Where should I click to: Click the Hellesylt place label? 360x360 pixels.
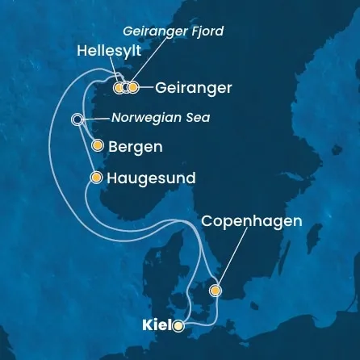pyautogui.click(x=105, y=50)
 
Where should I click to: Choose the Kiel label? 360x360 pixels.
pyautogui.click(x=156, y=327)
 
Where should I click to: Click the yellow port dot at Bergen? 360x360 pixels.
pyautogui.click(x=98, y=146)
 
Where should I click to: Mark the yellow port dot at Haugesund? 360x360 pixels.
pyautogui.click(x=97, y=177)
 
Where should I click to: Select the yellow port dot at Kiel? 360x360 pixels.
pyautogui.click(x=178, y=326)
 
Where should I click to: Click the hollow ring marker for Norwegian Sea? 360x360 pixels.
pyautogui.click(x=77, y=119)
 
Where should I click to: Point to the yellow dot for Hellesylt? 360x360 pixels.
pyautogui.click(x=119, y=87)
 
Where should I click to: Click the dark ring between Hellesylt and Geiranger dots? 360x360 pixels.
pyautogui.click(x=127, y=87)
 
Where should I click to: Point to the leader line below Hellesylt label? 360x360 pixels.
pyautogui.click(x=115, y=73)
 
